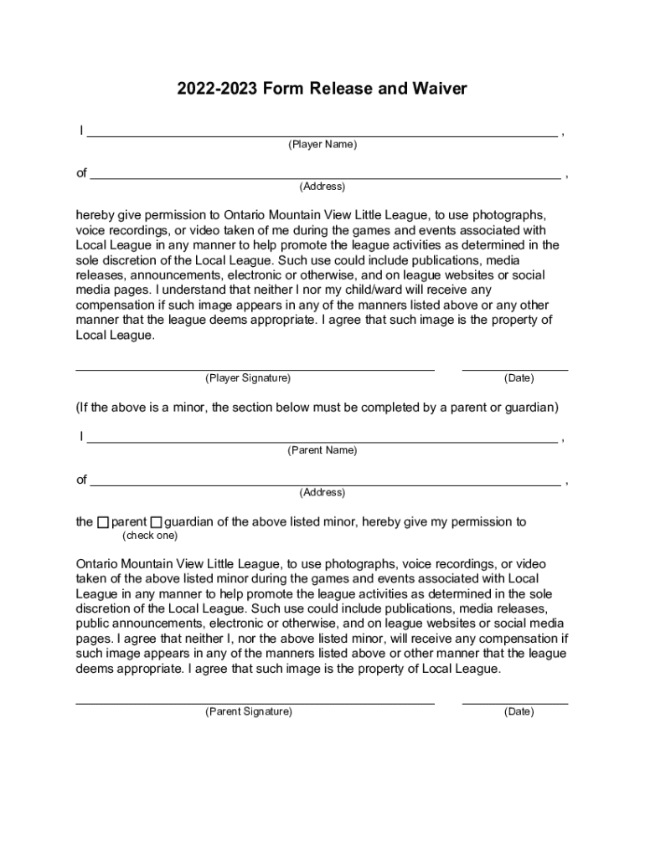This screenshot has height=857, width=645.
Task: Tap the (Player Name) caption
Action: pyautogui.click(x=322, y=145)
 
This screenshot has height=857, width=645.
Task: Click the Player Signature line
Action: pyautogui.click(x=255, y=367)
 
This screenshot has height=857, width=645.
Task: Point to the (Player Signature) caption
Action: pyautogui.click(x=248, y=378)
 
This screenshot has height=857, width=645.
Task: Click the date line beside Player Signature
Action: pyautogui.click(x=515, y=367)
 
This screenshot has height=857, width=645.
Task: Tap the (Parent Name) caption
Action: pyautogui.click(x=322, y=450)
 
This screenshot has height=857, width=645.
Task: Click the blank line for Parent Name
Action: pyautogui.click(x=322, y=439)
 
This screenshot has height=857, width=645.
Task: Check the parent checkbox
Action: pyautogui.click(x=103, y=523)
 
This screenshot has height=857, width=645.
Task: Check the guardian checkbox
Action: pyautogui.click(x=157, y=523)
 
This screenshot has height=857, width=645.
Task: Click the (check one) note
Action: pyautogui.click(x=150, y=536)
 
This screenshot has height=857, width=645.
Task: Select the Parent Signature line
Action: pyautogui.click(x=255, y=702)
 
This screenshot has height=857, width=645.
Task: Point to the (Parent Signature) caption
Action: pyautogui.click(x=249, y=712)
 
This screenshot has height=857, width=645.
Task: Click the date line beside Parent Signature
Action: pyautogui.click(x=515, y=702)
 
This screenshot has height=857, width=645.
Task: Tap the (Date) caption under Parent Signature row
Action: pyautogui.click(x=519, y=712)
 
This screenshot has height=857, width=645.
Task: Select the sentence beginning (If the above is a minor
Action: pyautogui.click(x=317, y=408)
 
